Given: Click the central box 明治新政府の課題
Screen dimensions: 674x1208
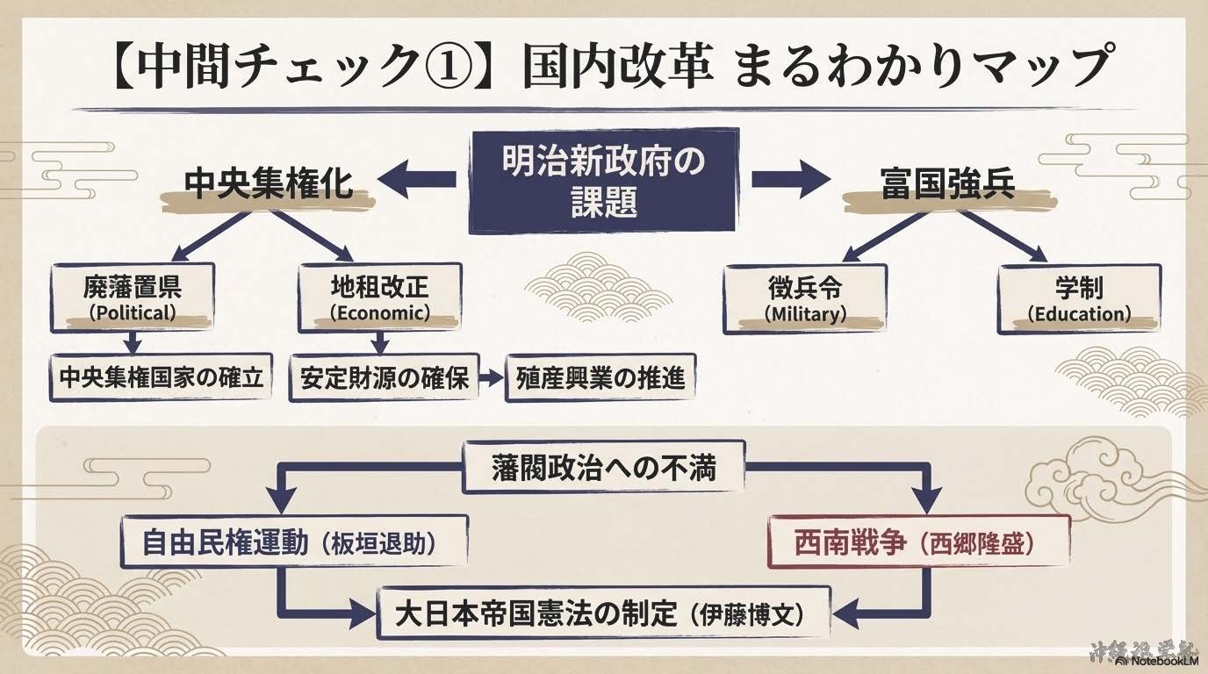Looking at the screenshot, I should click(x=603, y=180).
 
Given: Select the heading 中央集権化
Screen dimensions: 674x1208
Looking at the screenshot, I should click(x=268, y=184).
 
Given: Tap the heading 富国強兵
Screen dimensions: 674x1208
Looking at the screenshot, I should click(x=947, y=184).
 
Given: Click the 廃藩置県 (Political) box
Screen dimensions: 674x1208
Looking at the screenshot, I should click(x=132, y=298).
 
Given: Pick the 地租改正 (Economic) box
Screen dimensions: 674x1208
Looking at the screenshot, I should click(x=379, y=298).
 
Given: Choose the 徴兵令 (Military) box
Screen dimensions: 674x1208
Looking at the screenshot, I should click(x=804, y=299).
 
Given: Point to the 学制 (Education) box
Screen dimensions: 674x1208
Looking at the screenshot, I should click(x=1079, y=299).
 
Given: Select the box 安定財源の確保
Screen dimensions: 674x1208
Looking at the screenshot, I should click(x=384, y=378).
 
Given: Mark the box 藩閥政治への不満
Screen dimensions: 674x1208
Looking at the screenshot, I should click(x=603, y=466).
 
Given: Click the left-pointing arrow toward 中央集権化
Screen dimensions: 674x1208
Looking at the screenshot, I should click(x=413, y=180).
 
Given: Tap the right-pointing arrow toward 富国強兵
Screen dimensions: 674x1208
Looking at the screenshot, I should click(x=790, y=180).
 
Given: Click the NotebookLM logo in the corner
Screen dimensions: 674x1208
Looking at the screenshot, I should click(x=1161, y=660).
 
